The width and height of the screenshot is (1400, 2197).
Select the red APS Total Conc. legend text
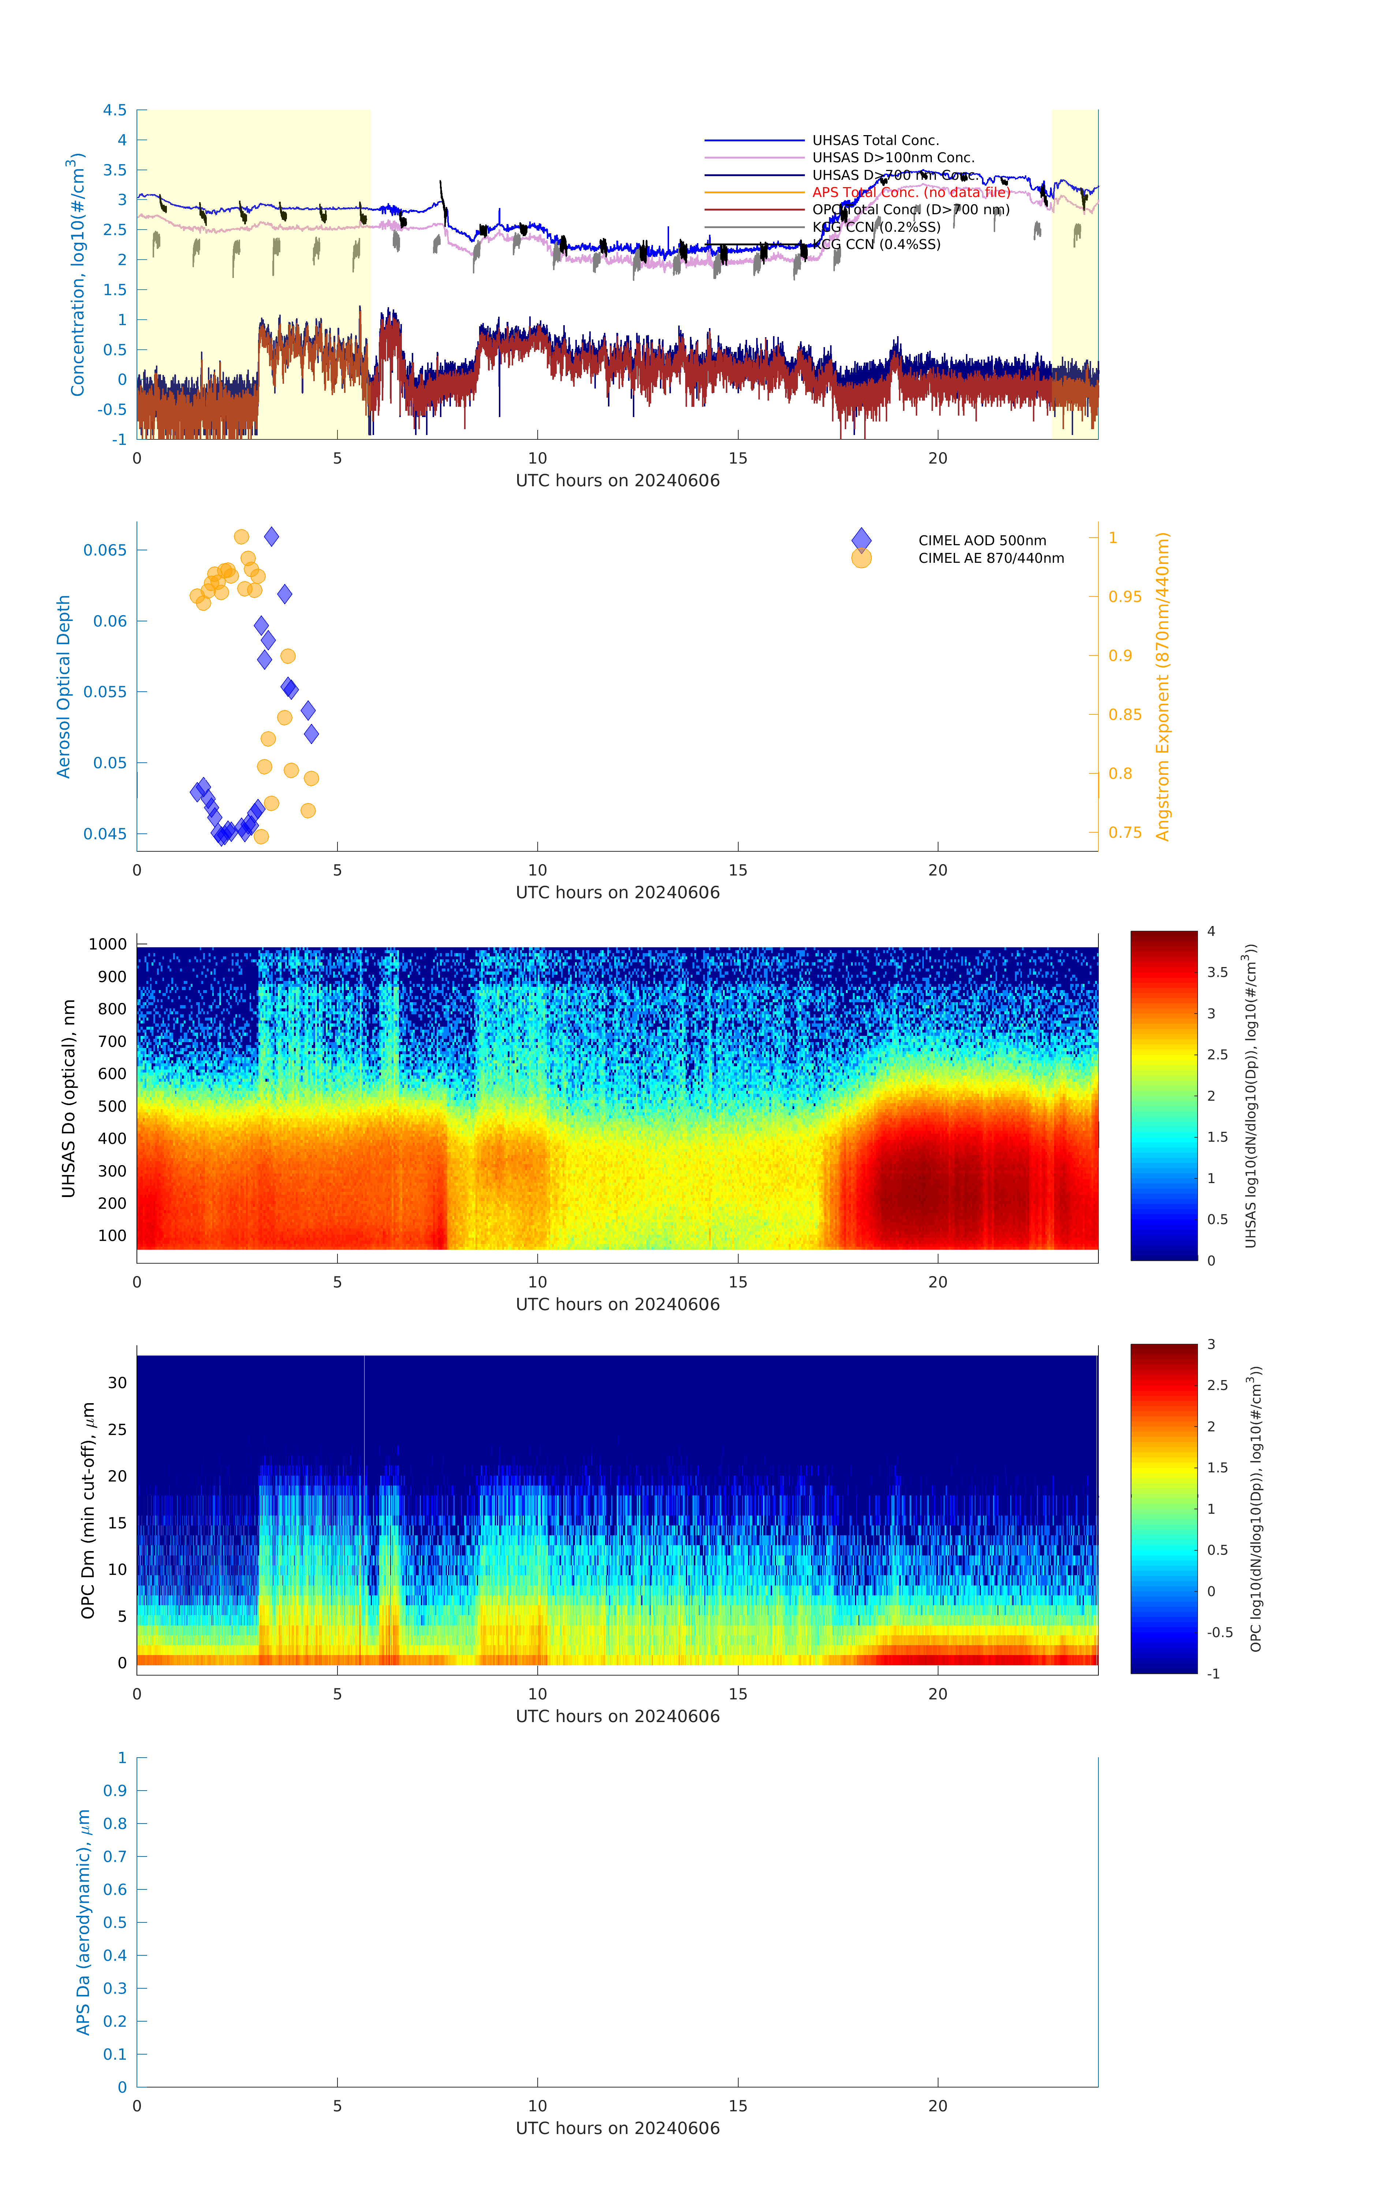[910, 193]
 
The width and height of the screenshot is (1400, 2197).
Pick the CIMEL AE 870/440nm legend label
[990, 558]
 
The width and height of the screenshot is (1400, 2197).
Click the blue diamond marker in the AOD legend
[861, 540]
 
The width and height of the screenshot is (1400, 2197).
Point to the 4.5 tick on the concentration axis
[115, 110]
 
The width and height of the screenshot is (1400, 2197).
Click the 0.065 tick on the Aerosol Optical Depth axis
[105, 550]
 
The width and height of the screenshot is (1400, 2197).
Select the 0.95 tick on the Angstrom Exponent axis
[1124, 597]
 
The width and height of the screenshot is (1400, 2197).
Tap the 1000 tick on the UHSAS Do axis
[108, 944]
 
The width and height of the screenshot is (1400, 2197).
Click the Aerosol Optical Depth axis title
[64, 687]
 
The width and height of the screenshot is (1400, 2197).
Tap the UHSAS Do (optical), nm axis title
[68, 1098]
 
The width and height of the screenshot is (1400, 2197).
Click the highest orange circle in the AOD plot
[242, 536]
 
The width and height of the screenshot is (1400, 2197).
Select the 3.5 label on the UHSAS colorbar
[1218, 973]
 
